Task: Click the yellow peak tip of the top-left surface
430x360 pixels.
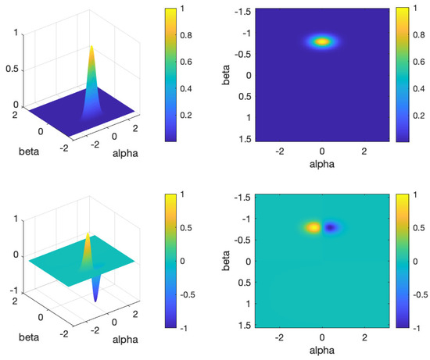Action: [x=92, y=47]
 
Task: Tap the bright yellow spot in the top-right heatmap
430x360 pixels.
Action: [x=321, y=41]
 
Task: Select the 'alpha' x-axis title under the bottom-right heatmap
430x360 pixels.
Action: [x=321, y=352]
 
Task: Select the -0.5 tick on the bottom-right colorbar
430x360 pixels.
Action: [x=421, y=297]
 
